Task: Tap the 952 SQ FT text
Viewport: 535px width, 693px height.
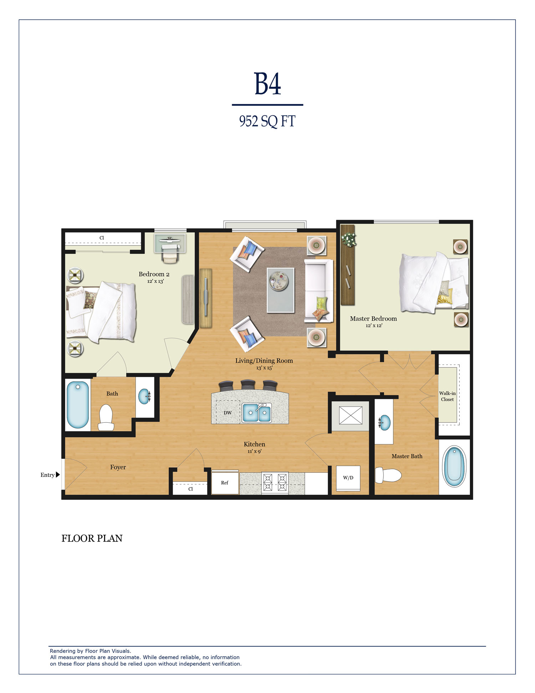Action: click(x=267, y=121)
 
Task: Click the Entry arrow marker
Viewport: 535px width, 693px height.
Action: click(x=58, y=475)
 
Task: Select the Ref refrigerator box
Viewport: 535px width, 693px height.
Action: click(x=225, y=482)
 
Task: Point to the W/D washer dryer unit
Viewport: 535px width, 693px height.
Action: click(x=348, y=478)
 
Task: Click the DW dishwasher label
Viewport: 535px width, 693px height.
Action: click(x=228, y=413)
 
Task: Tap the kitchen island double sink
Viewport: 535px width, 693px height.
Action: click(x=257, y=413)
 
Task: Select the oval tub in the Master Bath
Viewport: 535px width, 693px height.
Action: click(x=454, y=466)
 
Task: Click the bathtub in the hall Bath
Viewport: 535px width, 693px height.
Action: click(x=78, y=405)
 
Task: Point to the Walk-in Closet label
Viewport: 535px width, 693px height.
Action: click(x=447, y=396)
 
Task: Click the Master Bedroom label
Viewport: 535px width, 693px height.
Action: click(x=373, y=318)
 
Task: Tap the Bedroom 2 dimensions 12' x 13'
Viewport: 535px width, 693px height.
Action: click(x=156, y=281)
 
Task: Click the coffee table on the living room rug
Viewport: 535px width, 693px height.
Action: click(x=281, y=290)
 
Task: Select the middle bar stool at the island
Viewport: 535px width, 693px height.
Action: click(x=248, y=385)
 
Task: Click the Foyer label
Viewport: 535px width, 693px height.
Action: click(x=118, y=467)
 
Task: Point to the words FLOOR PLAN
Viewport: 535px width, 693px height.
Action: click(x=92, y=538)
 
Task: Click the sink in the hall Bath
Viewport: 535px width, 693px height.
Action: click(x=144, y=396)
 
